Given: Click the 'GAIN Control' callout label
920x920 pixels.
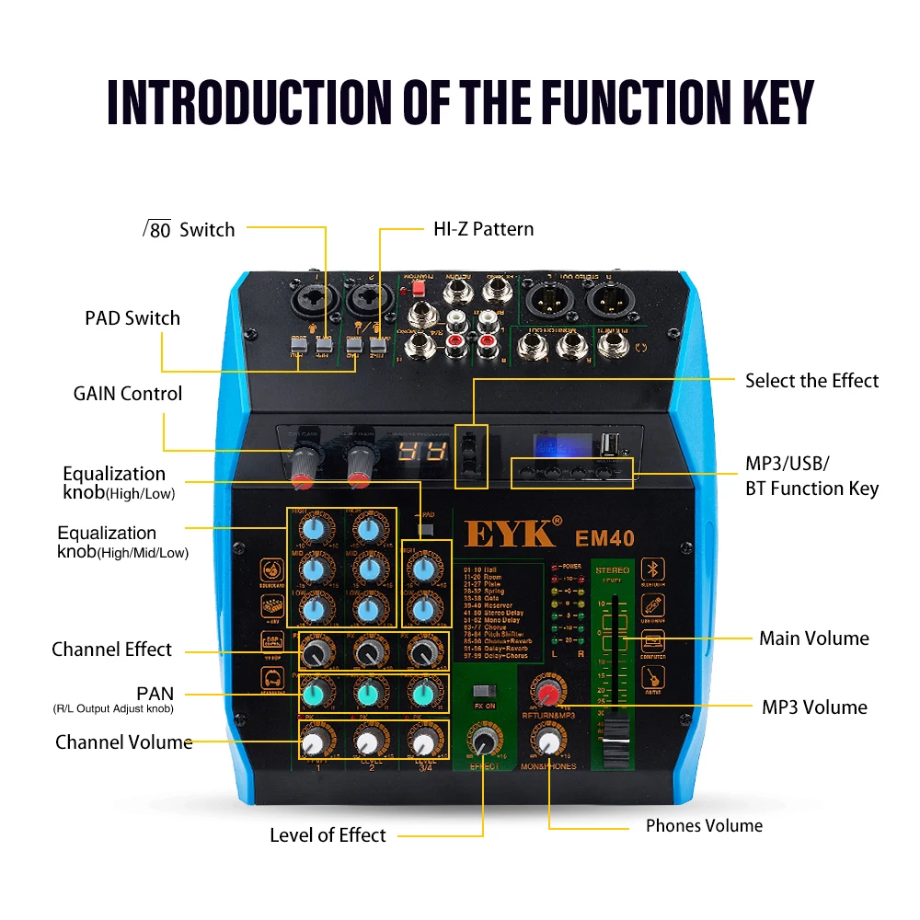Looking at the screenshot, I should pyautogui.click(x=128, y=394).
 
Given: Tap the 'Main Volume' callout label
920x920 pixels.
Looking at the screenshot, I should pyautogui.click(x=813, y=638).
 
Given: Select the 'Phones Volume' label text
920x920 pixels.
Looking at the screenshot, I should pyautogui.click(x=704, y=825).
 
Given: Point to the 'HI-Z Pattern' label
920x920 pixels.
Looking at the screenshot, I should pyautogui.click(x=483, y=229).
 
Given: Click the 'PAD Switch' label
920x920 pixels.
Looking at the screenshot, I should pyautogui.click(x=132, y=318).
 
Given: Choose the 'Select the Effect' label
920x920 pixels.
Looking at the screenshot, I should pyautogui.click(x=811, y=381).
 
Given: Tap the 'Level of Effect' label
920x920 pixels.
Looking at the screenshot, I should pyautogui.click(x=328, y=835).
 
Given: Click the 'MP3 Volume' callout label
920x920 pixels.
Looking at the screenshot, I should pyautogui.click(x=814, y=707).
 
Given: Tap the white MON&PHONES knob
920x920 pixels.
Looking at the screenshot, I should pyautogui.click(x=550, y=742).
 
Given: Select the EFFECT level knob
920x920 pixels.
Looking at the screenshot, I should pyautogui.click(x=485, y=742).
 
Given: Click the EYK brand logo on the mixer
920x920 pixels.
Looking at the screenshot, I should pyautogui.click(x=510, y=534).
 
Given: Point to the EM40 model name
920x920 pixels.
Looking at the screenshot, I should pyautogui.click(x=604, y=537).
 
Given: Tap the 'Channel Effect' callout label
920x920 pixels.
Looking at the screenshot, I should pyautogui.click(x=111, y=650).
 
